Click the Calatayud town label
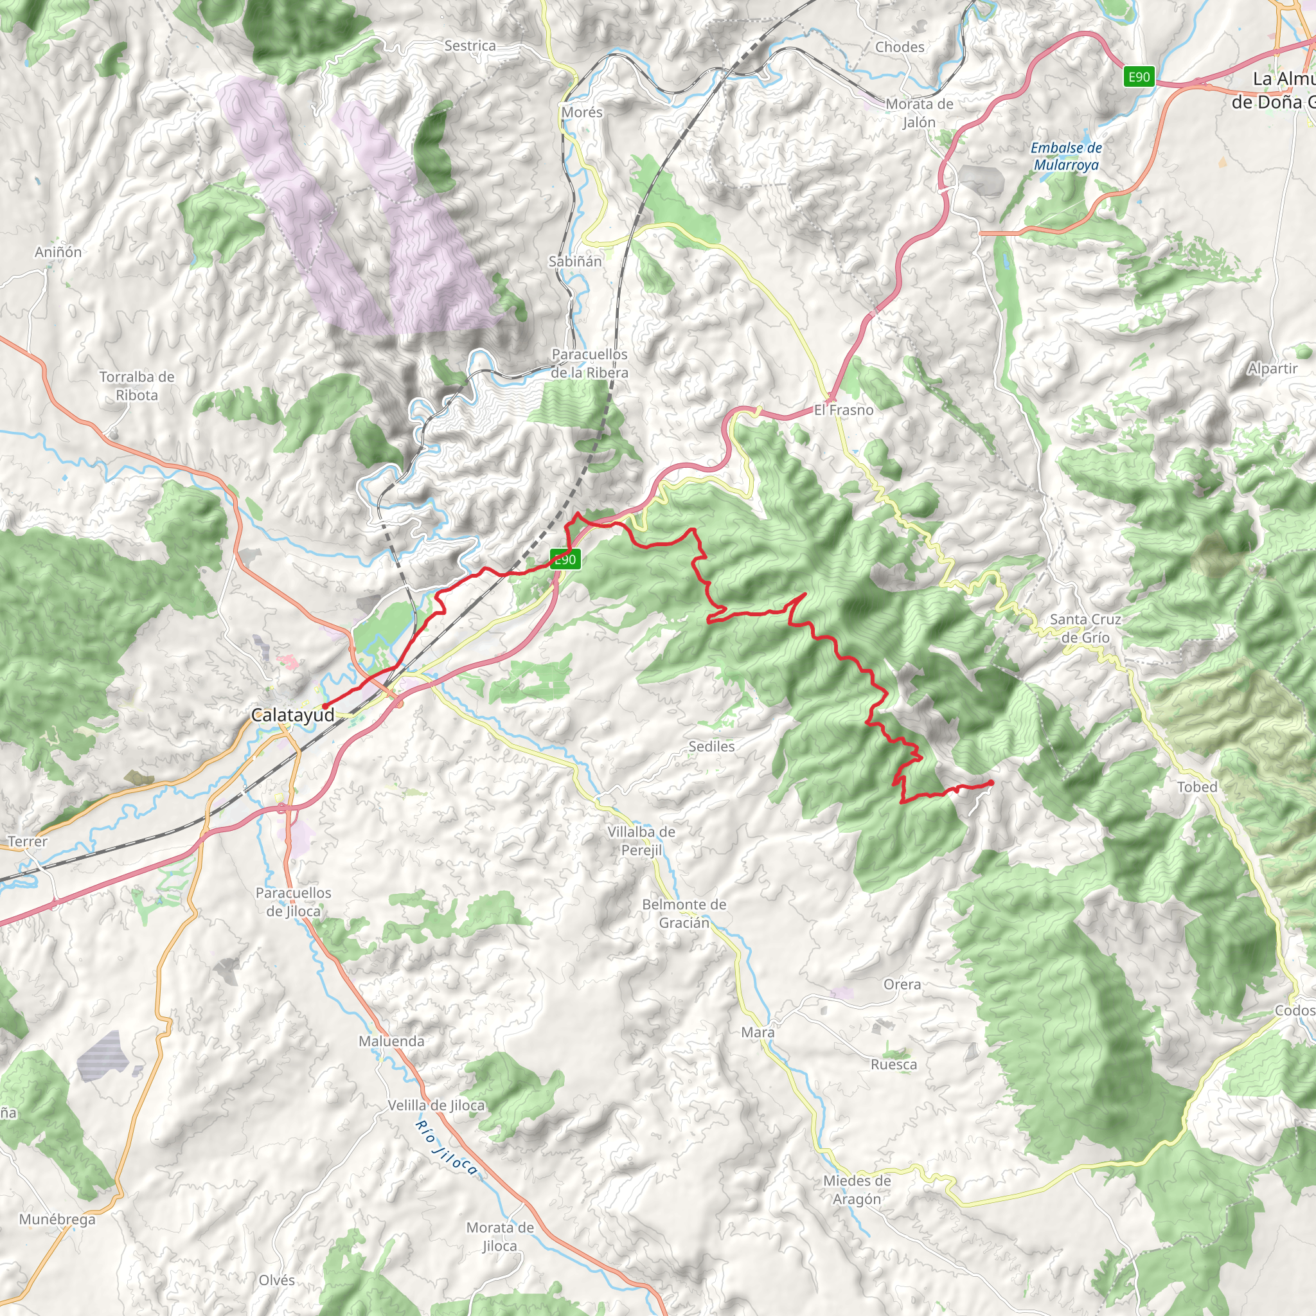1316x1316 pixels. tap(293, 715)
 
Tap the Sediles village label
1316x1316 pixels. tap(711, 747)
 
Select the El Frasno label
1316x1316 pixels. tap(843, 410)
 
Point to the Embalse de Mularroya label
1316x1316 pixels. tap(1066, 156)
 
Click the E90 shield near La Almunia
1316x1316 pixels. tap(1139, 77)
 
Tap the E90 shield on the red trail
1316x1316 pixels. tap(565, 560)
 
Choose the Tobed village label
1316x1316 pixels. tap(1196, 787)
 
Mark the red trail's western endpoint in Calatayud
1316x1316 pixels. tap(325, 705)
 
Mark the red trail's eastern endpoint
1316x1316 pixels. tap(990, 782)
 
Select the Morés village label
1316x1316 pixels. tap(582, 112)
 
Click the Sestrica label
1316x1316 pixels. tap(470, 46)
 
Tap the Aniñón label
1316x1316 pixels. tap(58, 252)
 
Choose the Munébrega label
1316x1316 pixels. tap(57, 1219)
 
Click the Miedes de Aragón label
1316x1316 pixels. tap(857, 1189)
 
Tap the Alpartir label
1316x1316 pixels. tap(1272, 368)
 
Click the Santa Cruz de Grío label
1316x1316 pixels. tap(1085, 628)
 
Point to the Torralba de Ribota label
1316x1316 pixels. tap(137, 386)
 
